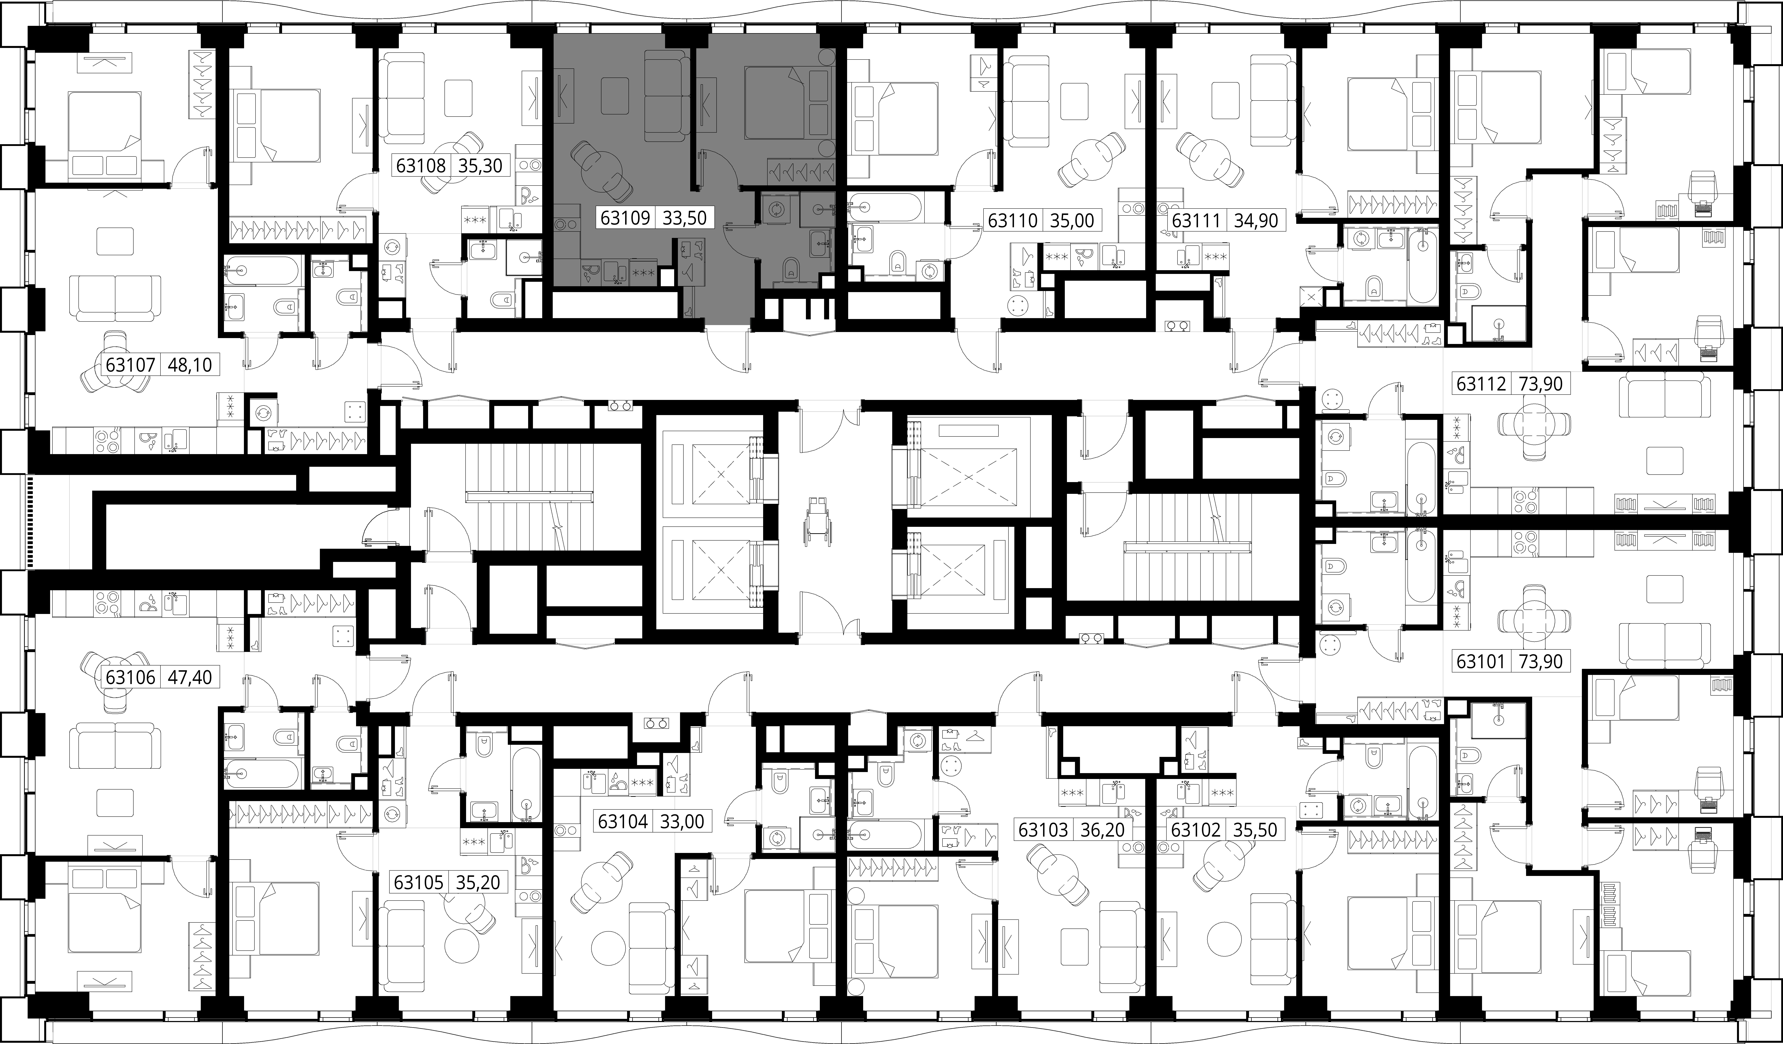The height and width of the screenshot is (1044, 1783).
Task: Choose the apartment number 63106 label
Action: (130, 677)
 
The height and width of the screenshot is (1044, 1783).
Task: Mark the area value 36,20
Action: (1102, 829)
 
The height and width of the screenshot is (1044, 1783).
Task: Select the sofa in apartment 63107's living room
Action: (115, 298)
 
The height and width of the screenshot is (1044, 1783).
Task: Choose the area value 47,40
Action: (190, 677)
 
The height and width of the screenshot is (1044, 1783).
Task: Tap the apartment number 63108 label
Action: (421, 166)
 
